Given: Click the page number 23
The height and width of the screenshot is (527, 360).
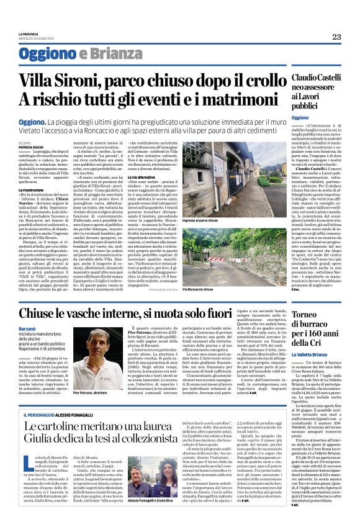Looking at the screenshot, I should (336, 36).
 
